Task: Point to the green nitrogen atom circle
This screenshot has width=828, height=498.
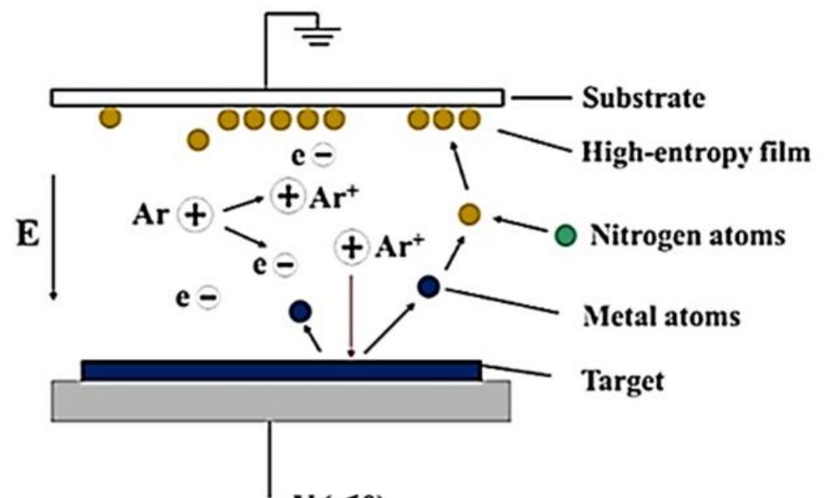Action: point(565,236)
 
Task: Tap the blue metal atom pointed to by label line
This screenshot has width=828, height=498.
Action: point(429,286)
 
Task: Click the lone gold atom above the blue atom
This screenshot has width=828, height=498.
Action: point(469,215)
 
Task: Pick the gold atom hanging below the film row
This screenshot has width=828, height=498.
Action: point(198,139)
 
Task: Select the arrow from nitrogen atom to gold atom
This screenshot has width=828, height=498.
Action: point(523,227)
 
